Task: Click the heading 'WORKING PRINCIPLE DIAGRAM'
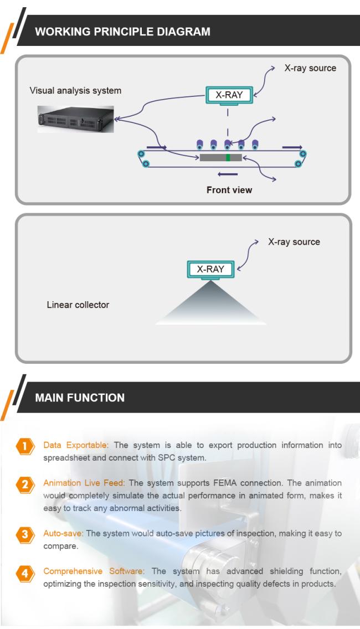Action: click(x=122, y=32)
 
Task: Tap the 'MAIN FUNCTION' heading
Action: click(x=80, y=398)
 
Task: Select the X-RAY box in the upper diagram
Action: click(x=229, y=95)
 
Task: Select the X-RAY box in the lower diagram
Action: click(x=210, y=269)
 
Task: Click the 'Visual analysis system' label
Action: click(x=75, y=91)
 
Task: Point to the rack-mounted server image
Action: click(x=75, y=119)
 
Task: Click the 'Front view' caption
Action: click(x=229, y=190)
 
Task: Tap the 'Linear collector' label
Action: click(x=78, y=305)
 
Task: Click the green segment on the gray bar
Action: click(x=228, y=157)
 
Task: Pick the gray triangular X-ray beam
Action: click(x=210, y=305)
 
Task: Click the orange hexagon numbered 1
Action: click(x=25, y=446)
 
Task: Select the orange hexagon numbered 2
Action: click(x=25, y=484)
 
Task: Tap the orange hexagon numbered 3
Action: click(x=25, y=535)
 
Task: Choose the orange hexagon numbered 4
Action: click(x=25, y=573)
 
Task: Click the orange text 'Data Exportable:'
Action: click(x=76, y=445)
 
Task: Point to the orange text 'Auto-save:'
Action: click(x=63, y=534)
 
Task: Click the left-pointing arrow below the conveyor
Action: click(x=228, y=174)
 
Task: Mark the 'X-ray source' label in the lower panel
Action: click(x=294, y=242)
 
